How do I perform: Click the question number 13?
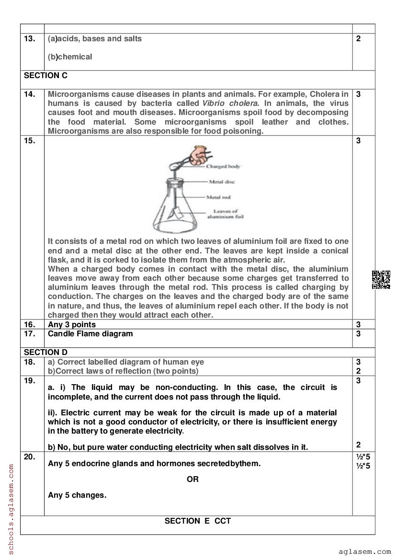tap(29, 39)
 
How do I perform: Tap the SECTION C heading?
tap(45, 75)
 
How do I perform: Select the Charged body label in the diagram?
tap(223, 167)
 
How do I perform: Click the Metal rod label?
tap(219, 197)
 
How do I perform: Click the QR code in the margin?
tap(381, 280)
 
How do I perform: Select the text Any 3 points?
tap(72, 324)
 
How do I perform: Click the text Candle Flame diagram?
tap(91, 333)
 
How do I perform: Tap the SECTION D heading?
tap(45, 352)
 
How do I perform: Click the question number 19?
tap(29, 381)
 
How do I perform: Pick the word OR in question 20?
tap(192, 479)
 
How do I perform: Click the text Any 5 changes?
tap(77, 495)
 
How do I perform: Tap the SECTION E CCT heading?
tap(197, 521)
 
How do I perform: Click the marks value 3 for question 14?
tap(358, 94)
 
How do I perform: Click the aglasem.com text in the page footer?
tap(364, 551)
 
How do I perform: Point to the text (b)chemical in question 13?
tap(70, 57)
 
